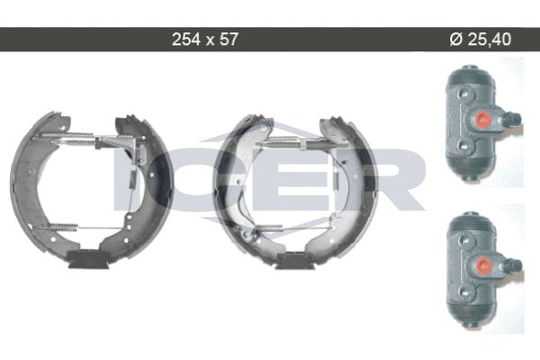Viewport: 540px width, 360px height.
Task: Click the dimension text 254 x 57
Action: coord(204,40)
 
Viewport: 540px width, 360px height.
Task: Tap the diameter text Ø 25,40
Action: coord(481,40)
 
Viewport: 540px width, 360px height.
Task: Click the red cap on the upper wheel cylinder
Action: coord(481,118)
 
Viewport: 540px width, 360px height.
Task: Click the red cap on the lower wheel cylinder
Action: coord(481,265)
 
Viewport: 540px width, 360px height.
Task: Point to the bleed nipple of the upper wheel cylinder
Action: coord(513,119)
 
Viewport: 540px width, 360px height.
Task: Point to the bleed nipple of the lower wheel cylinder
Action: coord(514,265)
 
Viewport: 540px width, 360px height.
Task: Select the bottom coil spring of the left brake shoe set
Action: coord(64,227)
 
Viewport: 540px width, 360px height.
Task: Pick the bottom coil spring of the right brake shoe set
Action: coord(270,228)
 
